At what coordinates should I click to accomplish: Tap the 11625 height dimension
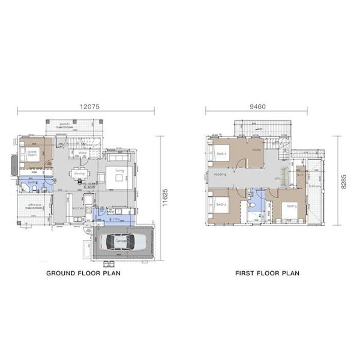(x=165, y=196)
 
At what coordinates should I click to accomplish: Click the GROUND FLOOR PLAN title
(x=84, y=273)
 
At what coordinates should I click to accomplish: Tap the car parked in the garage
(x=122, y=242)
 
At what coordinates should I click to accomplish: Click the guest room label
(x=32, y=154)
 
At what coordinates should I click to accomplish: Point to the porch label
(x=74, y=125)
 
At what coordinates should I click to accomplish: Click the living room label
(x=119, y=170)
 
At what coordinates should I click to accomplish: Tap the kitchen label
(x=79, y=208)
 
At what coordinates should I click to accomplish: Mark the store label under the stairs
(x=83, y=152)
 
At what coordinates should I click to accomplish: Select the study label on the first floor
(x=256, y=149)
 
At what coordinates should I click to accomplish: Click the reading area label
(x=220, y=175)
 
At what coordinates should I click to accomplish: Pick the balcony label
(x=314, y=186)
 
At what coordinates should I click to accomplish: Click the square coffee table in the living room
(x=117, y=178)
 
